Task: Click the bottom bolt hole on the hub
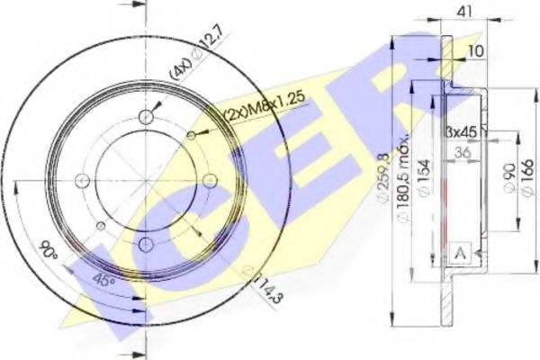[146, 243]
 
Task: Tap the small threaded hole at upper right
[191, 135]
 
